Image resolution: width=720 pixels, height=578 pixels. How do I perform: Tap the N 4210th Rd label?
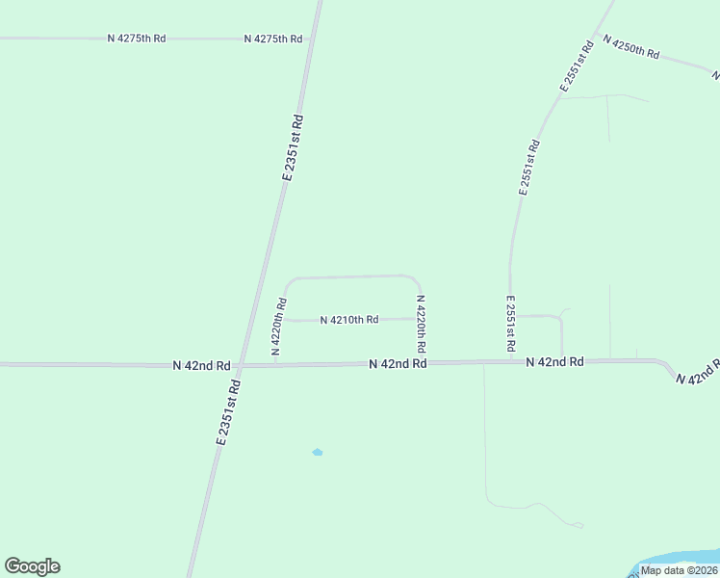[348, 319]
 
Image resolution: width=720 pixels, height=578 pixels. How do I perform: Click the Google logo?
[32, 566]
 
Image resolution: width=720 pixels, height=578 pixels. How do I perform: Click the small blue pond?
[318, 452]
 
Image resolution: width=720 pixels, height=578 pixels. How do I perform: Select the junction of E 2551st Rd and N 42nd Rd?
[510, 362]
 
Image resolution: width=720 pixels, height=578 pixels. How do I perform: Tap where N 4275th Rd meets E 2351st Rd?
[311, 39]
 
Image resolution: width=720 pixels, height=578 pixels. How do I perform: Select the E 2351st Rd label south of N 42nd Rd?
[228, 411]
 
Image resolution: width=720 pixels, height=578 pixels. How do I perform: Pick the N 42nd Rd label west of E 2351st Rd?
[202, 366]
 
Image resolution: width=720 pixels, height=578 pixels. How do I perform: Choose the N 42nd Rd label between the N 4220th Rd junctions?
[398, 363]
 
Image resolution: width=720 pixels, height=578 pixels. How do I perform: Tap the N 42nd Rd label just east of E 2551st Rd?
[555, 361]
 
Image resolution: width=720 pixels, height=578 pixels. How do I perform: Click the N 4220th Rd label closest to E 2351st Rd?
[278, 327]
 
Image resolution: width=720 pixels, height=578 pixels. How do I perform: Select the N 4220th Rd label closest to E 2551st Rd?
[421, 322]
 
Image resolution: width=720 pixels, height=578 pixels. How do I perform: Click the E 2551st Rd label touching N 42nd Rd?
[510, 323]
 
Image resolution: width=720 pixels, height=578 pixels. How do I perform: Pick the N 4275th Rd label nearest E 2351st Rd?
[273, 39]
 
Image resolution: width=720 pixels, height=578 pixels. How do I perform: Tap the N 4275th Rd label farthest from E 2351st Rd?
[137, 38]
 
